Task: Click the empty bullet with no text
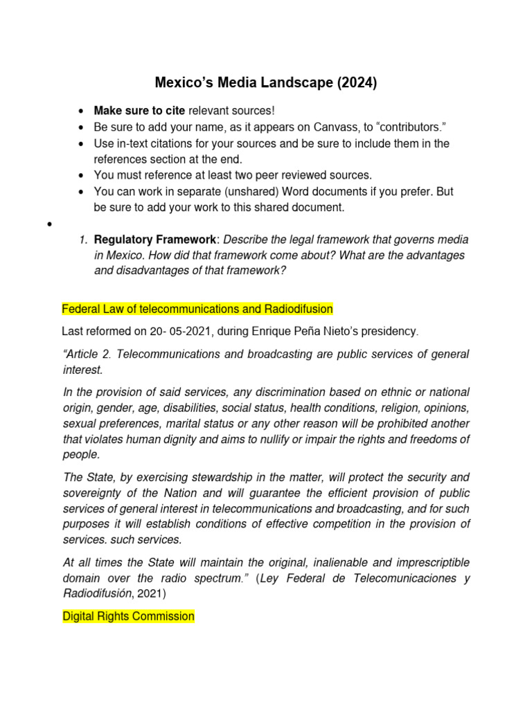[51, 225]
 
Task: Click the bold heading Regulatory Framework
[156, 240]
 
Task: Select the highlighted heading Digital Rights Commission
[128, 616]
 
